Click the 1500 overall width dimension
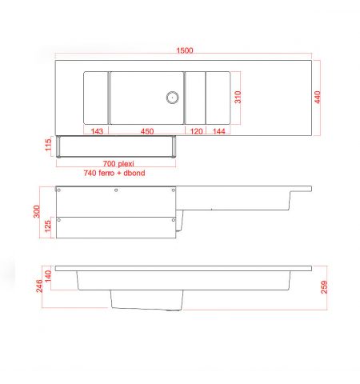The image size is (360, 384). pos(185,50)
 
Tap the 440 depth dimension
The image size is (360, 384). pos(318,97)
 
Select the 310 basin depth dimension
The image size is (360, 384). pos(238,97)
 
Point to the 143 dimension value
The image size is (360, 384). pos(97,131)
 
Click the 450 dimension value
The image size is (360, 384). pos(147,131)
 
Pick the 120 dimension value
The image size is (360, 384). pos(196,131)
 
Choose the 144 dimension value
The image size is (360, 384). pos(219,131)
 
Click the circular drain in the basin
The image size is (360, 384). pos(172,98)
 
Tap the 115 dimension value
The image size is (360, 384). pos(48,145)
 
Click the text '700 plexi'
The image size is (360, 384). pos(118,163)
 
